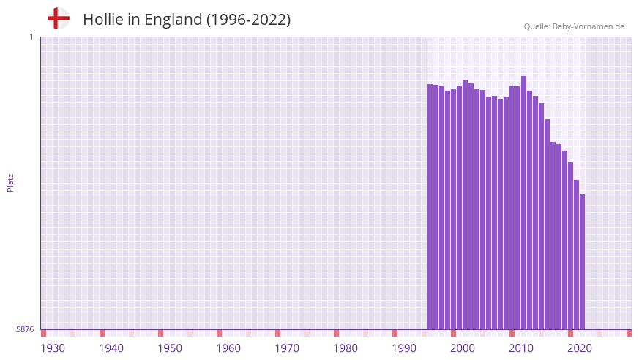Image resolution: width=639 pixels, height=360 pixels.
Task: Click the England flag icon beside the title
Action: pos(59,19)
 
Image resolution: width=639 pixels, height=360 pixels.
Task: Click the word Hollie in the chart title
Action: pos(104,20)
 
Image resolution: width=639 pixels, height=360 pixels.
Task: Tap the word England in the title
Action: pos(173,20)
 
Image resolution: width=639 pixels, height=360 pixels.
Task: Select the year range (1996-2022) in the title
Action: pos(248,20)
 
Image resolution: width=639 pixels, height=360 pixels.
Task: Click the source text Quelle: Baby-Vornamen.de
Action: pos(574,26)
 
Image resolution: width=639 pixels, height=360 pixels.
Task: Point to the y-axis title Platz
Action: pos(10,183)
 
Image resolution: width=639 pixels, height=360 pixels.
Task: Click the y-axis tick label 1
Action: pos(31,37)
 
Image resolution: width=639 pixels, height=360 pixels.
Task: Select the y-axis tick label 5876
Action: pos(25,330)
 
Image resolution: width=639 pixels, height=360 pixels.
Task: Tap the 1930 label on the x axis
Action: pos(53,348)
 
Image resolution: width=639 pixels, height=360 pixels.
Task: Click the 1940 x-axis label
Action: pos(111,348)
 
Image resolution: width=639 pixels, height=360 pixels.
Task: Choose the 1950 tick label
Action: pos(170,348)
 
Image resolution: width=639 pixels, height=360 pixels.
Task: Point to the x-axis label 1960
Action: pos(228,348)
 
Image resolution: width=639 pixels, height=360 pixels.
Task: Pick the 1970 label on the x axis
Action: pos(287,348)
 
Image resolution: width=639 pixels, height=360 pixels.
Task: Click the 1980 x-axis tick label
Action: pos(345,348)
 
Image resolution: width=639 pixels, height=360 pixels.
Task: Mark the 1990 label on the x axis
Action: pos(404,348)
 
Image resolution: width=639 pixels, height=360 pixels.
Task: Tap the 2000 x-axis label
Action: pos(463,348)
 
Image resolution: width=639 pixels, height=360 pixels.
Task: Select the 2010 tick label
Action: pos(521,348)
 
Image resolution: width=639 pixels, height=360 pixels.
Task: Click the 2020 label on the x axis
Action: pos(580,348)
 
